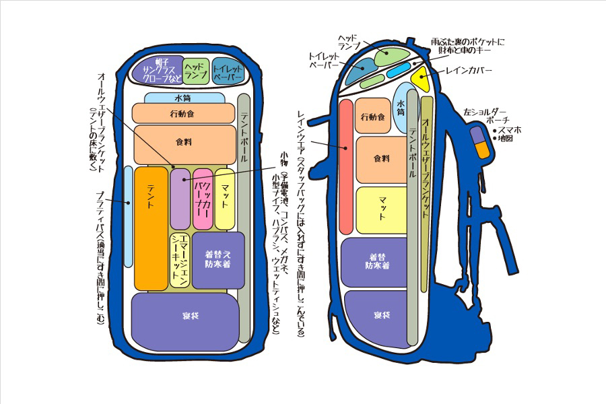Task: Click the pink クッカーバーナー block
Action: (203, 199)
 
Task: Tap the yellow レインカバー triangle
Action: (422, 79)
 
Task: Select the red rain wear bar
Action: (346, 166)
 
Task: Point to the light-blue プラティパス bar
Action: (128, 215)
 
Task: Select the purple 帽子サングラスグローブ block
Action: (156, 69)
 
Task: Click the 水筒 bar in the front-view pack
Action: (184, 98)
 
